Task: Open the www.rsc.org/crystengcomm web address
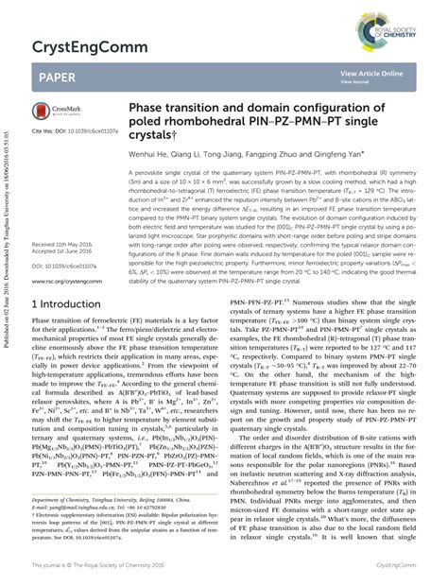(66, 280)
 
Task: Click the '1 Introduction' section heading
(72, 304)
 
